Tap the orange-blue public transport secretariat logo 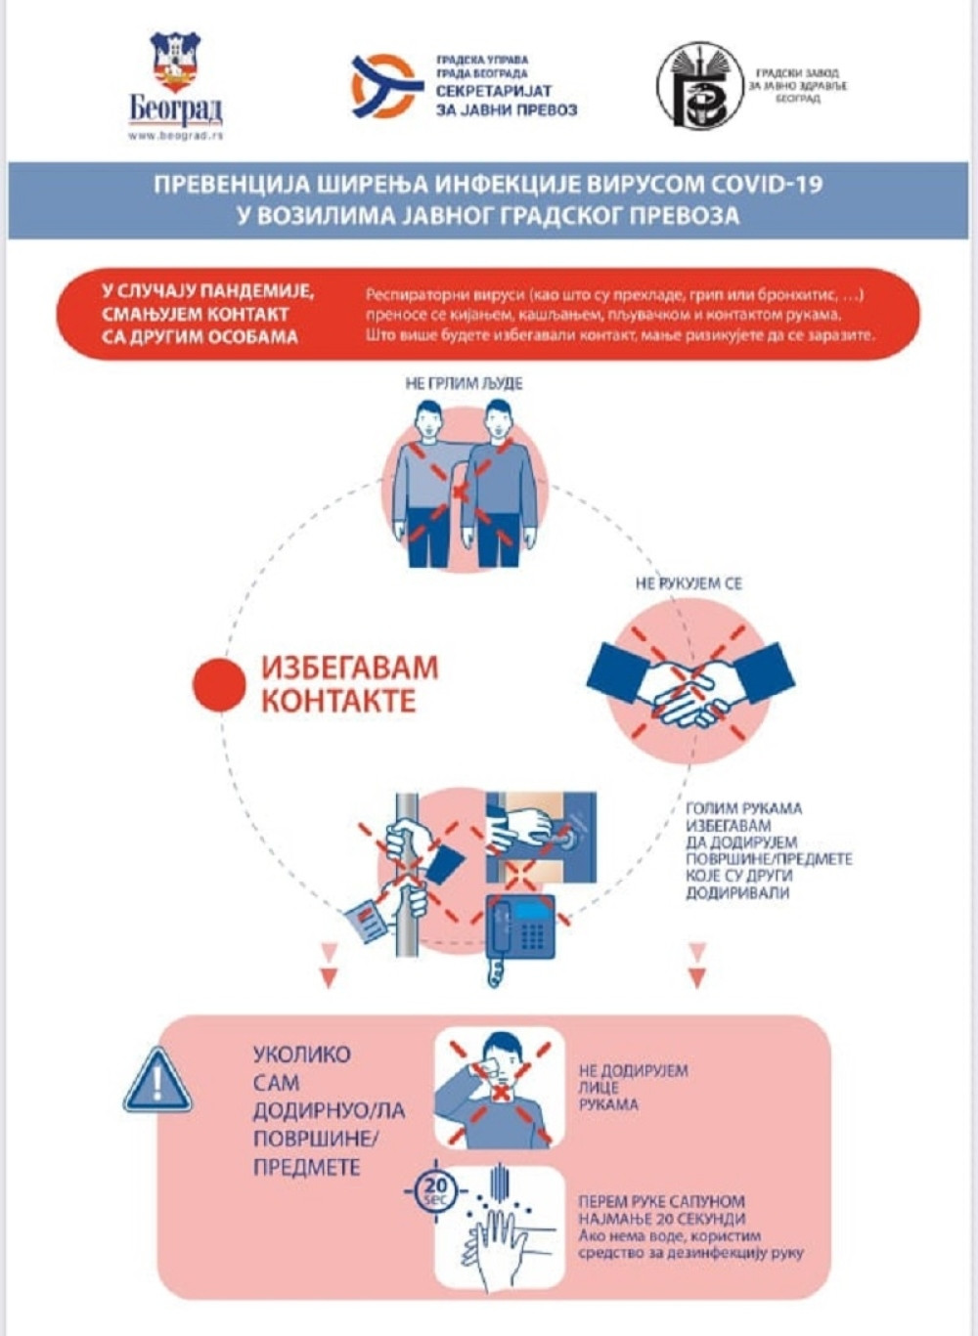point(387,86)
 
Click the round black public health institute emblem point(699,85)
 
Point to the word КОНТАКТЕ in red point(338,701)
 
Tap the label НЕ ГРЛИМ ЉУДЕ point(464,383)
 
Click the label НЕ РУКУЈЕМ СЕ point(689,583)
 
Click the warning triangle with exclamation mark point(157,1081)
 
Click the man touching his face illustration point(500,1087)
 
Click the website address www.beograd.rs point(175,136)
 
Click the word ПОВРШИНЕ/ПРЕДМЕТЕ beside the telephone point(769,859)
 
